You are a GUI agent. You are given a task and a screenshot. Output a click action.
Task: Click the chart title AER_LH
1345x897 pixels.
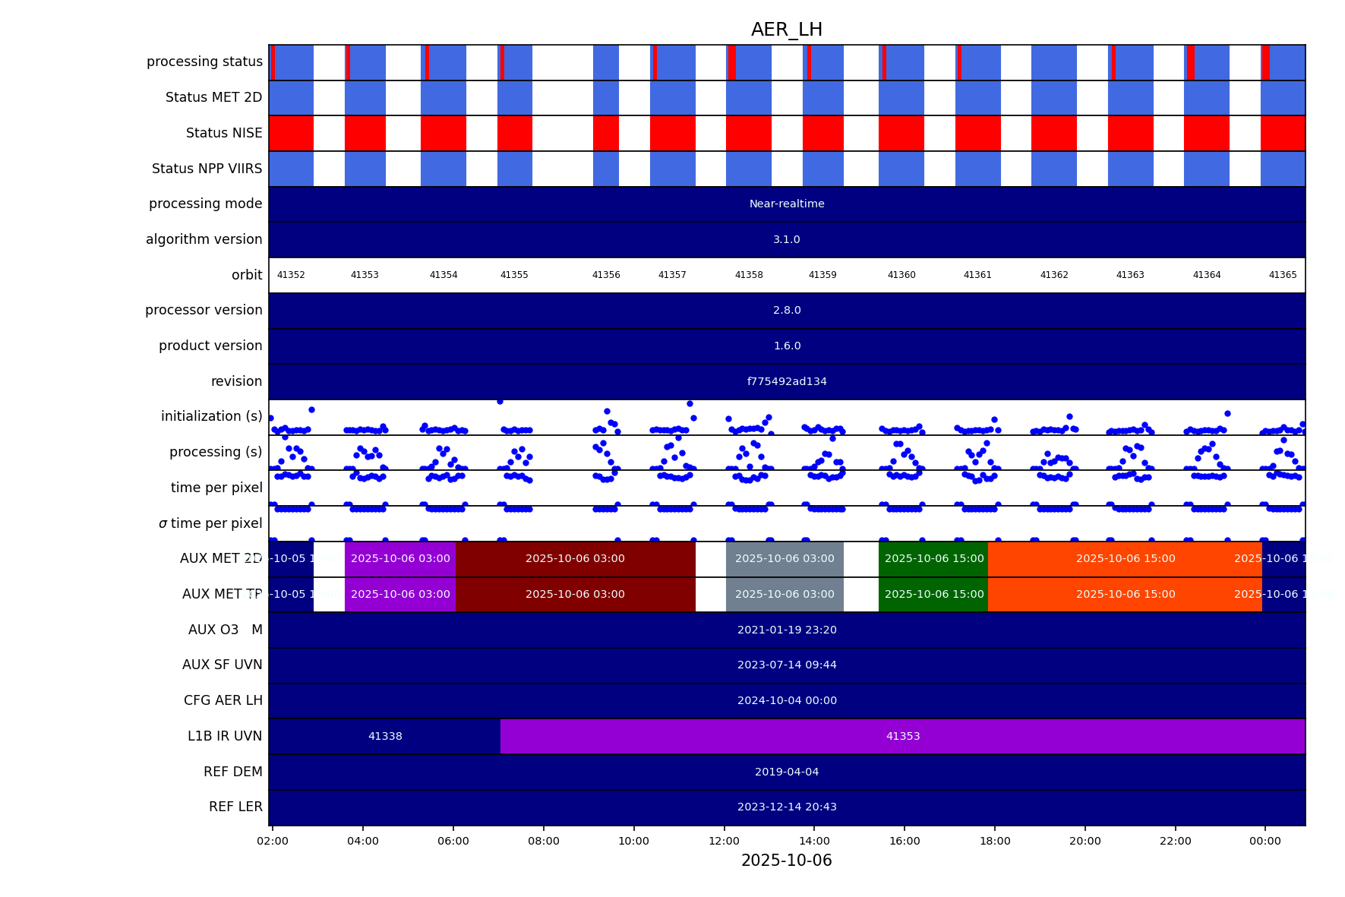point(786,30)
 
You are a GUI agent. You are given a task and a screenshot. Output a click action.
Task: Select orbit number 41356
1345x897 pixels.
point(606,275)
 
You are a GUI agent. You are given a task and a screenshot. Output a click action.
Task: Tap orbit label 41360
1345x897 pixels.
point(901,275)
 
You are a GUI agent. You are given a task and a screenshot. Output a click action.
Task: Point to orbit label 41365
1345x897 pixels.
point(1283,275)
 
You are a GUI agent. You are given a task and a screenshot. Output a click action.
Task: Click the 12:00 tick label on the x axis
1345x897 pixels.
point(724,841)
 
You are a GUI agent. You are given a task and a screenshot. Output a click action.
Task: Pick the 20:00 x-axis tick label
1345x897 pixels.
point(1085,841)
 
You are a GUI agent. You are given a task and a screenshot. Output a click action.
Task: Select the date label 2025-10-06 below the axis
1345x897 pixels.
point(786,861)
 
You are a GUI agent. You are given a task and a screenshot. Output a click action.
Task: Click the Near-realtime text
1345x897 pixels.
point(787,204)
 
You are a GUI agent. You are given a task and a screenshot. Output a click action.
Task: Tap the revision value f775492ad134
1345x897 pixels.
point(787,381)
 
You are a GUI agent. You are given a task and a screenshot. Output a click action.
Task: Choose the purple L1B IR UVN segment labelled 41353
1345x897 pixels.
point(902,736)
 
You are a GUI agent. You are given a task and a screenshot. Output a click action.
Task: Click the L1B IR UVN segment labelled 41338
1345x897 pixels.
point(385,736)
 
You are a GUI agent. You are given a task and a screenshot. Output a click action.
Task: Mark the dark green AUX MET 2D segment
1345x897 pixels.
point(933,559)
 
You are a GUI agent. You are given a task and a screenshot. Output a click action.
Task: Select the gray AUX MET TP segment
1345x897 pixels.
point(785,594)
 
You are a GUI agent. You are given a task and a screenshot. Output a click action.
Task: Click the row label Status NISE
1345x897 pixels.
point(224,133)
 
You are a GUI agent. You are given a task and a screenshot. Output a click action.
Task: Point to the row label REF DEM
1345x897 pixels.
point(232,772)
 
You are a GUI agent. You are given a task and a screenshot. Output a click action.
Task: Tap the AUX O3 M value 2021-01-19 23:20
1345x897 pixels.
point(787,630)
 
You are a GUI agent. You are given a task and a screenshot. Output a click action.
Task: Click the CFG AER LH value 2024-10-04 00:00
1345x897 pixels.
point(787,700)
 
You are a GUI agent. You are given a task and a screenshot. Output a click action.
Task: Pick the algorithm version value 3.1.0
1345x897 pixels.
point(787,239)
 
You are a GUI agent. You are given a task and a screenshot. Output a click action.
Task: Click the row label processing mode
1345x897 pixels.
point(205,204)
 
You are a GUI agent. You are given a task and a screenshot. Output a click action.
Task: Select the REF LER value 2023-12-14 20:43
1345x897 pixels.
point(787,807)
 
